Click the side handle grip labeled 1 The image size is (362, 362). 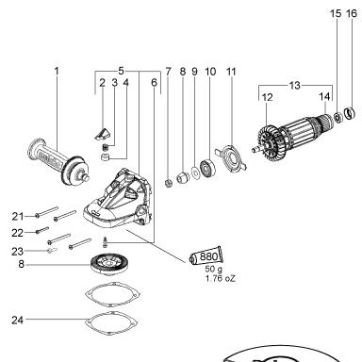click(x=58, y=161)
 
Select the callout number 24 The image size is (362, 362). click(x=18, y=320)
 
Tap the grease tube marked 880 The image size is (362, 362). click(x=206, y=255)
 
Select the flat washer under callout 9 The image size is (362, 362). click(x=195, y=173)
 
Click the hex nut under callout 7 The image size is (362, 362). click(x=169, y=183)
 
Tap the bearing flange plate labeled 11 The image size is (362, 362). click(x=231, y=157)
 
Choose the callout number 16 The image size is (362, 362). click(x=352, y=13)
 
